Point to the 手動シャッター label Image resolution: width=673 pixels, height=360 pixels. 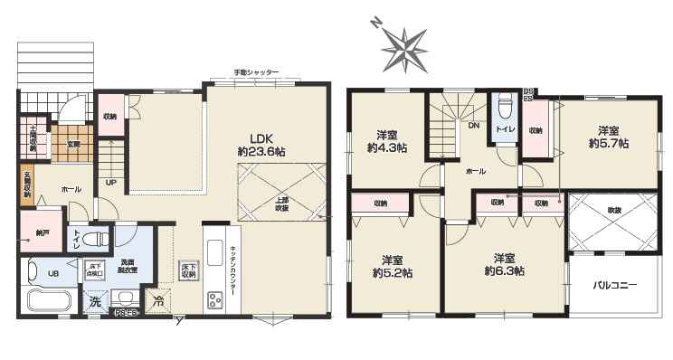(256, 72)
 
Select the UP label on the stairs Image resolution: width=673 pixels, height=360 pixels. (111, 182)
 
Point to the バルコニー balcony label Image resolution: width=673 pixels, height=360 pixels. (615, 284)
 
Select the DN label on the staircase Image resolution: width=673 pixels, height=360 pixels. (473, 127)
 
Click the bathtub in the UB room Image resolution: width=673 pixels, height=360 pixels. (51, 300)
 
